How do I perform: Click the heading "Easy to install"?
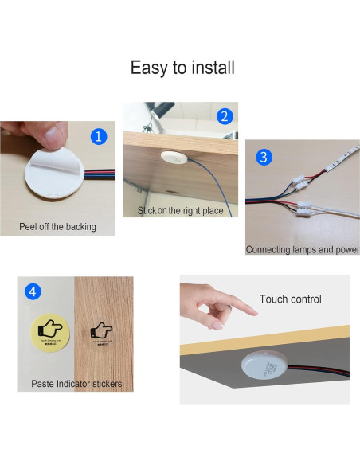click(x=182, y=68)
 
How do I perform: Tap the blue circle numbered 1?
click(x=99, y=136)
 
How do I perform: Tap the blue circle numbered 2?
click(x=225, y=116)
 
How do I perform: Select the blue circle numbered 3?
click(x=264, y=157)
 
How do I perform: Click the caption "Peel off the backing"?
click(x=57, y=227)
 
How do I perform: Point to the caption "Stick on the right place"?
click(x=180, y=211)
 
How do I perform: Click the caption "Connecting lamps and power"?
click(x=302, y=249)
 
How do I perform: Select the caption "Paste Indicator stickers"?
click(x=76, y=384)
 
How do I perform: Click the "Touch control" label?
click(x=290, y=299)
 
